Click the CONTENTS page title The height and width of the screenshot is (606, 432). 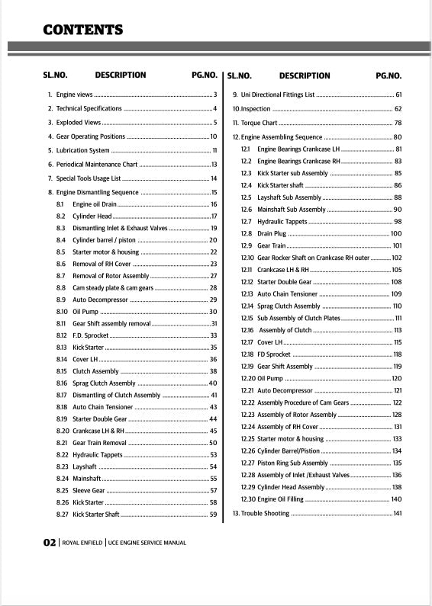coord(83,30)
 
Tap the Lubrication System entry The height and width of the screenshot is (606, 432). coord(83,151)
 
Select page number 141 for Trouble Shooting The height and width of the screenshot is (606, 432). coord(397,514)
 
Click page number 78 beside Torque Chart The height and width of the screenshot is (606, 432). coord(398,123)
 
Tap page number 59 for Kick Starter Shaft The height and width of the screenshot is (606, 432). coord(213,515)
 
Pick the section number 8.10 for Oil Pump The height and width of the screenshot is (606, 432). coord(63,312)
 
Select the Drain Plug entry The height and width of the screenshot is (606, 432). coord(272,233)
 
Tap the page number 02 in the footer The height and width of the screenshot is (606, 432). coord(50,543)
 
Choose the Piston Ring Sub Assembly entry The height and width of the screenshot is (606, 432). coord(292,463)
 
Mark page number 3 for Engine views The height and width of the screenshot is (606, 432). coord(215,95)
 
